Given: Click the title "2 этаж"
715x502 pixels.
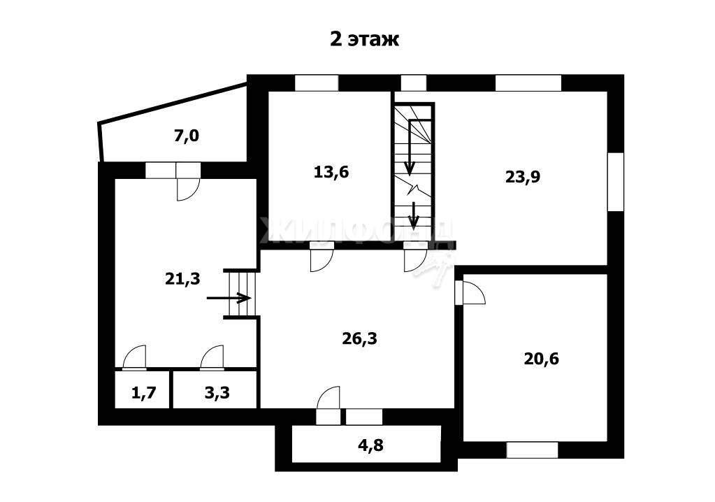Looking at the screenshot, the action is pos(364,39).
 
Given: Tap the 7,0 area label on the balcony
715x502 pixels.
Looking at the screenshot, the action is pos(187,136).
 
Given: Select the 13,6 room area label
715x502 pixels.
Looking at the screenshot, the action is pos(331,172).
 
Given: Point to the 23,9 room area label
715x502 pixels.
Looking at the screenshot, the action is pos(523,176).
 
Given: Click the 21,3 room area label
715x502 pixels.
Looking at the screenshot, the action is pos(182,278).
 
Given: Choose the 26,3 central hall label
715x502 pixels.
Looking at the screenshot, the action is pos(360,338).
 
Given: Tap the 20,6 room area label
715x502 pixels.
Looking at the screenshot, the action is pos(541,359).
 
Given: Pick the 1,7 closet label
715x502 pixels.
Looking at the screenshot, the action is pos(144,392).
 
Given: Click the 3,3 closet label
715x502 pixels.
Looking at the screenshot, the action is pos(217,392).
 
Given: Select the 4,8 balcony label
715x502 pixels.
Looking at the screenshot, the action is pos(370,445).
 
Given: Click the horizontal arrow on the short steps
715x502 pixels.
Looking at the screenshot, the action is pos(229,298).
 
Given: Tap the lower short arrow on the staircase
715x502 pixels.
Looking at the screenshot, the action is pos(413,215).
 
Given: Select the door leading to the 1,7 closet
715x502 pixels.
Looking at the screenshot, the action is pos(133,357).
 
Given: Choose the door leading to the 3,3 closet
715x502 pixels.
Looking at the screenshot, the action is pos(212,357).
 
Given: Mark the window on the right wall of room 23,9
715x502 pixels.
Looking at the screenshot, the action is pos(616,182).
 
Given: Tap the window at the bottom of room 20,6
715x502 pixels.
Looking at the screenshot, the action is pos(532,450).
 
